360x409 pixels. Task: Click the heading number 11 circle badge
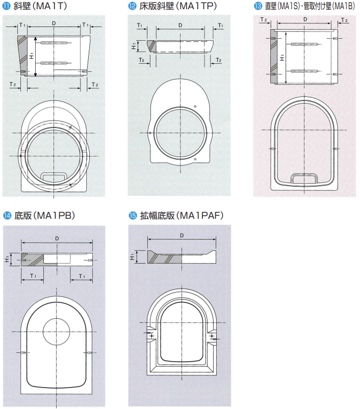(6, 6)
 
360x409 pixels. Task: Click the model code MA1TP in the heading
(197, 6)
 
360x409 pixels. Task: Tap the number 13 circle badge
(258, 6)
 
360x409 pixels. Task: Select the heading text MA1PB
(54, 215)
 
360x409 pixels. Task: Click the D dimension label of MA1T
(54, 23)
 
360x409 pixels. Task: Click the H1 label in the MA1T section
(32, 56)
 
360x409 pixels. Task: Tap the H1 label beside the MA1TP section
(134, 46)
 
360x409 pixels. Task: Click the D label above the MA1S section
(305, 19)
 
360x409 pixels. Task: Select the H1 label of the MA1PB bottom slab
(7, 259)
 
